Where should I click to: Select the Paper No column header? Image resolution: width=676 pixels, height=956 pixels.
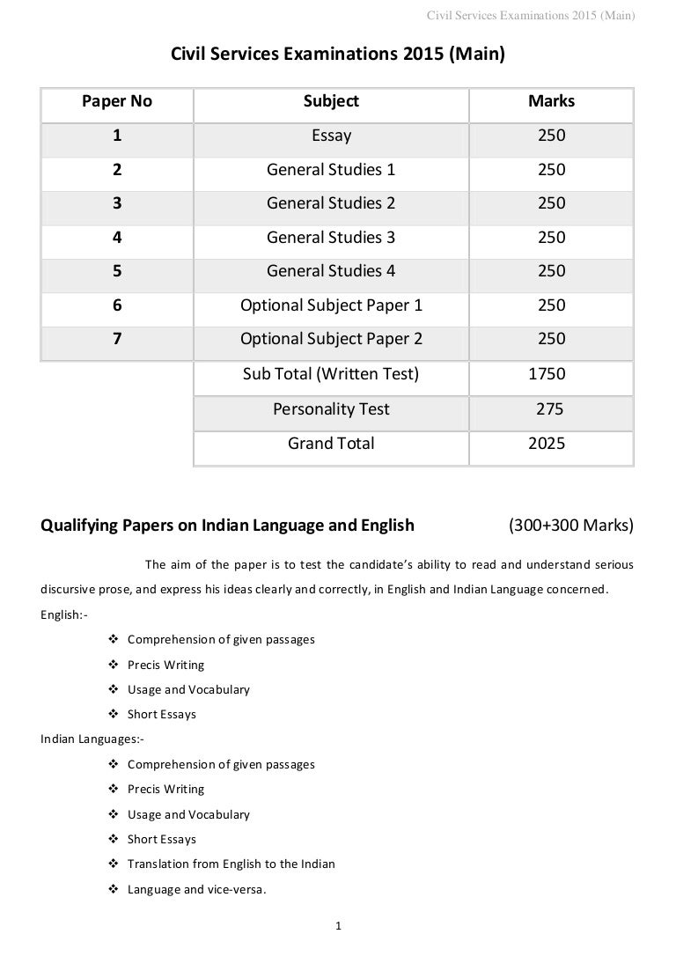point(117,101)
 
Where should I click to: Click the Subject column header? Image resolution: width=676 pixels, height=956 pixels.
point(331,101)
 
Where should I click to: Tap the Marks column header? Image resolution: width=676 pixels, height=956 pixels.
point(551,101)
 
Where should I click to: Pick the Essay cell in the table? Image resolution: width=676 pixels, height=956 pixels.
point(331,136)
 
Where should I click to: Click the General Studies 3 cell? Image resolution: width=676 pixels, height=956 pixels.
point(331,238)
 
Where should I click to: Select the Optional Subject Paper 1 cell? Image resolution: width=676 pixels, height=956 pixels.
point(331,305)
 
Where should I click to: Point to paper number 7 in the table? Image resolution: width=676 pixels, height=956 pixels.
point(117,339)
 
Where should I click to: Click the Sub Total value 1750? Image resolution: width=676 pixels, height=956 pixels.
point(547,374)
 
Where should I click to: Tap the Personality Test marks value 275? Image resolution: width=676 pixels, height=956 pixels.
point(551,409)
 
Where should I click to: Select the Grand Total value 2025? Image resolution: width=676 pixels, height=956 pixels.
point(547,444)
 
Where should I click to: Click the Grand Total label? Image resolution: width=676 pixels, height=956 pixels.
point(331,444)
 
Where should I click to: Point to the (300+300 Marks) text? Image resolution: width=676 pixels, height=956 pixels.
point(570,526)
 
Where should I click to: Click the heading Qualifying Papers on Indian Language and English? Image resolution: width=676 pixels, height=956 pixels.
point(227,526)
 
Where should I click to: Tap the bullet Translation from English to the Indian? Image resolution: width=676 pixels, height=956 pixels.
point(231,864)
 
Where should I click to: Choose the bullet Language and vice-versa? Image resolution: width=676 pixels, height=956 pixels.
point(196,889)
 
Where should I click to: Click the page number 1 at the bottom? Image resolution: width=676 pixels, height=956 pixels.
point(339,925)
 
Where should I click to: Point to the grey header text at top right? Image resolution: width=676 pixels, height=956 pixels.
point(530,14)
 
